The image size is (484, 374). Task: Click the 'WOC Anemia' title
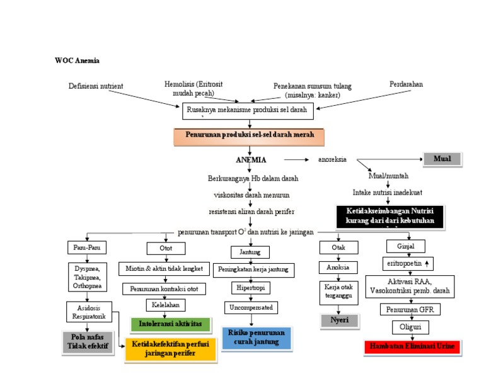[x=78, y=61]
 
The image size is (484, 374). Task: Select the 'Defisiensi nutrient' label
[x=96, y=86]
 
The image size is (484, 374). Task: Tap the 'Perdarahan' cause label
[x=406, y=84]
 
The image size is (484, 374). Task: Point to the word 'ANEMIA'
[x=251, y=160]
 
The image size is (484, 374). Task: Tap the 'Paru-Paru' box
[x=86, y=247]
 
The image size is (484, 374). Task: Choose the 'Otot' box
[x=166, y=248]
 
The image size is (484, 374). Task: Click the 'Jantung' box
[x=250, y=252]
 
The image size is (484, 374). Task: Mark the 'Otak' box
[x=338, y=247]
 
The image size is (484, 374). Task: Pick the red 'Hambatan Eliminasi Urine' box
[x=412, y=347]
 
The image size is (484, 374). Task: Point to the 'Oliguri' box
[x=410, y=327]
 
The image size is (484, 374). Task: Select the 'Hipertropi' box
[x=250, y=288]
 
